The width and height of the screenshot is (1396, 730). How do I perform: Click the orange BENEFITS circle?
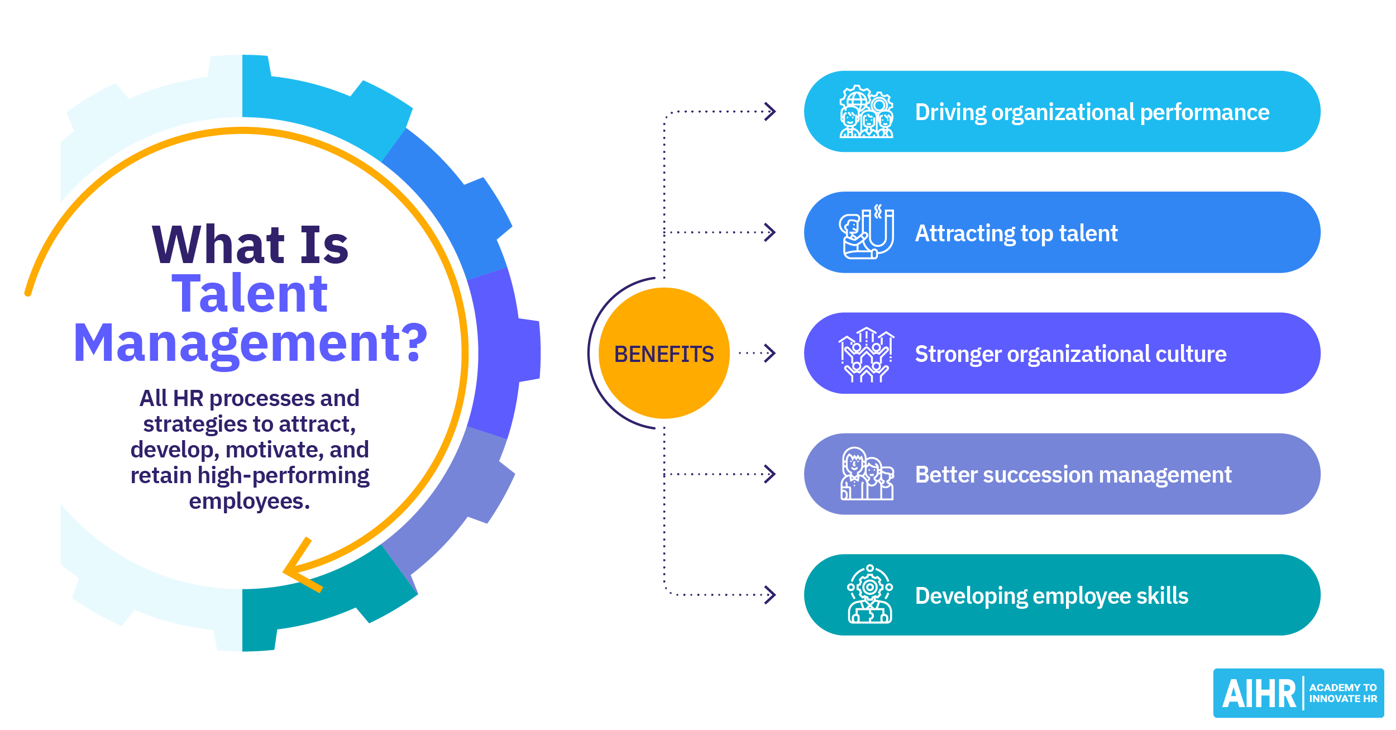point(664,353)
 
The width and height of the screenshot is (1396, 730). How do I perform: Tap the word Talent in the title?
point(250,294)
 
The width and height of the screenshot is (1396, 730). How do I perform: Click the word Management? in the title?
point(250,343)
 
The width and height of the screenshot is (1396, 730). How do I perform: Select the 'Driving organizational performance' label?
point(1092,112)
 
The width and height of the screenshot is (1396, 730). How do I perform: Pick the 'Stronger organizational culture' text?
point(1070,354)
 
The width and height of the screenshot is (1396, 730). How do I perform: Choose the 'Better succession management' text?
point(1073,475)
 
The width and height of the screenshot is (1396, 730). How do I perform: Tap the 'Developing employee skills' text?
point(1051,596)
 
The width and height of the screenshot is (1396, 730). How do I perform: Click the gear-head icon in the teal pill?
point(869,594)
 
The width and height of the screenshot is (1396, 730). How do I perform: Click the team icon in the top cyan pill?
point(866,112)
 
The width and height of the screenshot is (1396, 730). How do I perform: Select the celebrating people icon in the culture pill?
point(866,354)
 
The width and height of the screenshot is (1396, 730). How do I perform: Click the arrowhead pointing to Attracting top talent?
point(770,232)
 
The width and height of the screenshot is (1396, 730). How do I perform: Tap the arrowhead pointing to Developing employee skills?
point(770,595)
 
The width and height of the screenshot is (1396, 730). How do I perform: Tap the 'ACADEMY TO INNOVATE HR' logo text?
point(1342,693)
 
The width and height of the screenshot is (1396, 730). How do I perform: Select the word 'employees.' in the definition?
point(249,501)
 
